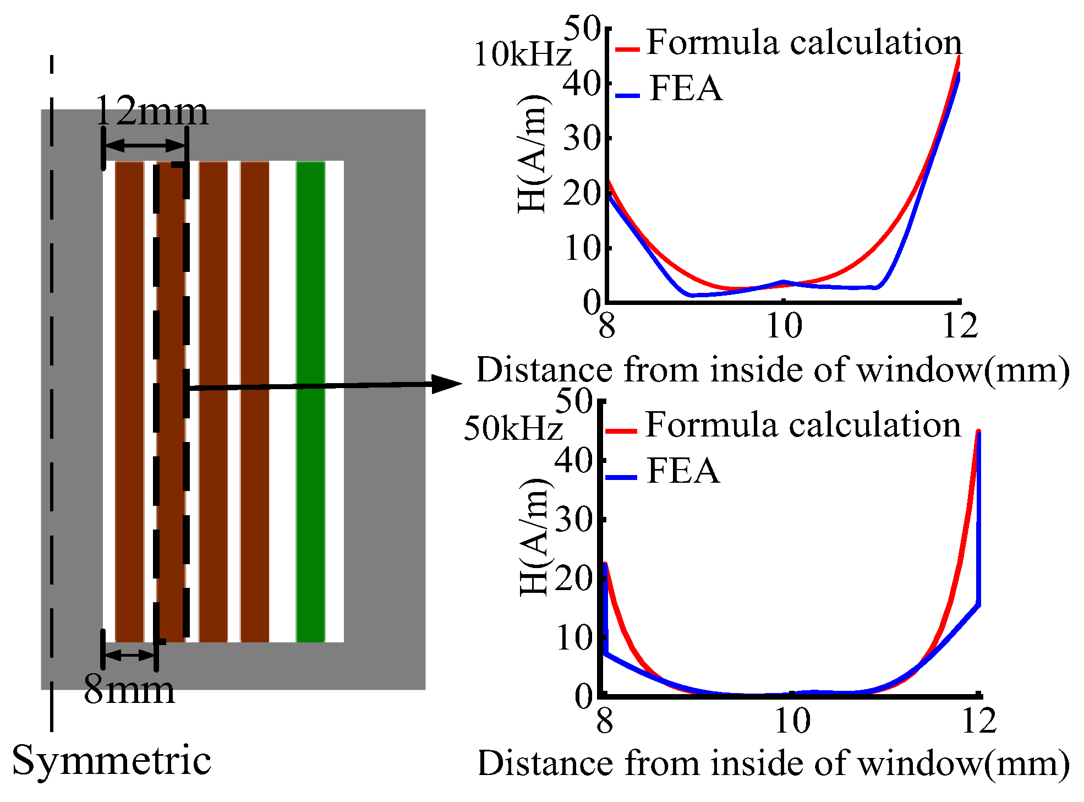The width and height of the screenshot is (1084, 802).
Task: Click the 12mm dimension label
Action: click(x=152, y=112)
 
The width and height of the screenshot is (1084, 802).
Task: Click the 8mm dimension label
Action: click(x=129, y=690)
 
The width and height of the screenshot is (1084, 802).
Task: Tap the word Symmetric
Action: click(x=112, y=761)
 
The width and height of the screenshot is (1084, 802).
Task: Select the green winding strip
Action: click(x=310, y=402)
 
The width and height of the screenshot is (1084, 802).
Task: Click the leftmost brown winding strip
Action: click(x=130, y=402)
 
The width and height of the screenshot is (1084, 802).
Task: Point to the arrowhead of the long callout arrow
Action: click(x=447, y=384)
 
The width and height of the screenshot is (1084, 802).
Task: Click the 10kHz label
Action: click(x=522, y=55)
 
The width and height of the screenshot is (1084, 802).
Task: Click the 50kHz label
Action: click(x=513, y=428)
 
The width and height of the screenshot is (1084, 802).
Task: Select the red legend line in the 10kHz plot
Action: click(x=627, y=50)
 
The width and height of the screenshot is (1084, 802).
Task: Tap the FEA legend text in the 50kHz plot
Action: click(x=683, y=471)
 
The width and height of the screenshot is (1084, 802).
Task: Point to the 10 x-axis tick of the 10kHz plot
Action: click(x=784, y=326)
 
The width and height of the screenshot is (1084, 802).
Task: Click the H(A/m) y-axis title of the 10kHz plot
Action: click(x=533, y=154)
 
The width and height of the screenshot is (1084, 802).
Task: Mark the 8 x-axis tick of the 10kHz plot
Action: click(x=606, y=326)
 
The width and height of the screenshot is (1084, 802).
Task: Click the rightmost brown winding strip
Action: click(x=255, y=402)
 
